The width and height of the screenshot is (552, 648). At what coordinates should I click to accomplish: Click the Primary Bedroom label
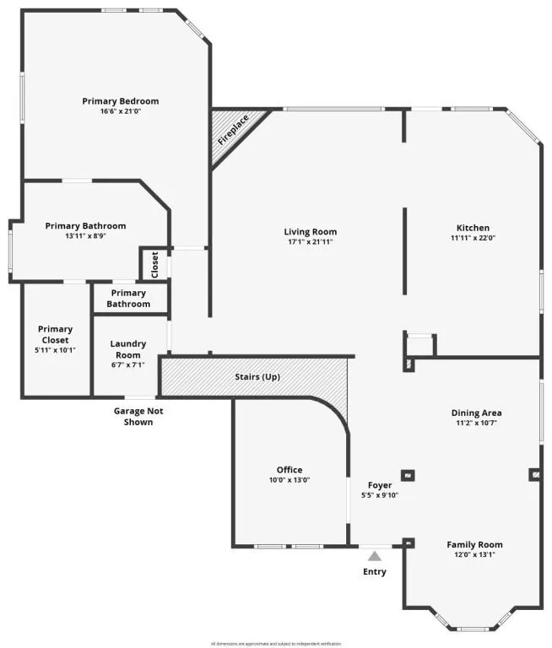(x=120, y=101)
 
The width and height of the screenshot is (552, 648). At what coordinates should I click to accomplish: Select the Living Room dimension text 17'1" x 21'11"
(x=310, y=243)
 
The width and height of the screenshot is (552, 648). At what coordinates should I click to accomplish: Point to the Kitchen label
(x=473, y=228)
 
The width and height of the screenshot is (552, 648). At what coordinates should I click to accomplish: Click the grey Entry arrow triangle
(x=374, y=555)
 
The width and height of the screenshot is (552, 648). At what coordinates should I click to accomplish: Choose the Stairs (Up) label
(x=257, y=376)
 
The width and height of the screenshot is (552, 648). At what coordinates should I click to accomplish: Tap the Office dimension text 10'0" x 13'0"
(x=290, y=481)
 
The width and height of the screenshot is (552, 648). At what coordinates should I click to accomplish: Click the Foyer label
(x=379, y=485)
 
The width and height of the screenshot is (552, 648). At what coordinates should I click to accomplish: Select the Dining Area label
(x=476, y=413)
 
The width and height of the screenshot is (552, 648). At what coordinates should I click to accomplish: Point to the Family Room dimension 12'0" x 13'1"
(x=474, y=555)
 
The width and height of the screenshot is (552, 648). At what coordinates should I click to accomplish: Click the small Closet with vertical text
(x=154, y=265)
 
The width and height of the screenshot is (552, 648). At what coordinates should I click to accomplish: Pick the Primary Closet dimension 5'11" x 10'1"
(x=56, y=349)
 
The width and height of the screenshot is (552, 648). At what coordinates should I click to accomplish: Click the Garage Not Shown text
(x=138, y=416)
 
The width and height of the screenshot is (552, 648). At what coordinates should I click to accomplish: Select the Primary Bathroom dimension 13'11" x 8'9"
(x=85, y=236)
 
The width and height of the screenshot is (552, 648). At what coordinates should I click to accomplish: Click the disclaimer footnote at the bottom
(x=276, y=643)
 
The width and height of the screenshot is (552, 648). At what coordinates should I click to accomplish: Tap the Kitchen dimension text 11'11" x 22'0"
(x=473, y=239)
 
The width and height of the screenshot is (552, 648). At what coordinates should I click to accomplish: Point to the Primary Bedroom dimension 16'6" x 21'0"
(x=120, y=111)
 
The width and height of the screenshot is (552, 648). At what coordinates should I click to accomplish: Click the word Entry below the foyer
(x=375, y=572)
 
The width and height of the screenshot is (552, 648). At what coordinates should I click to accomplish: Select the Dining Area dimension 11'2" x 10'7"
(x=476, y=423)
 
